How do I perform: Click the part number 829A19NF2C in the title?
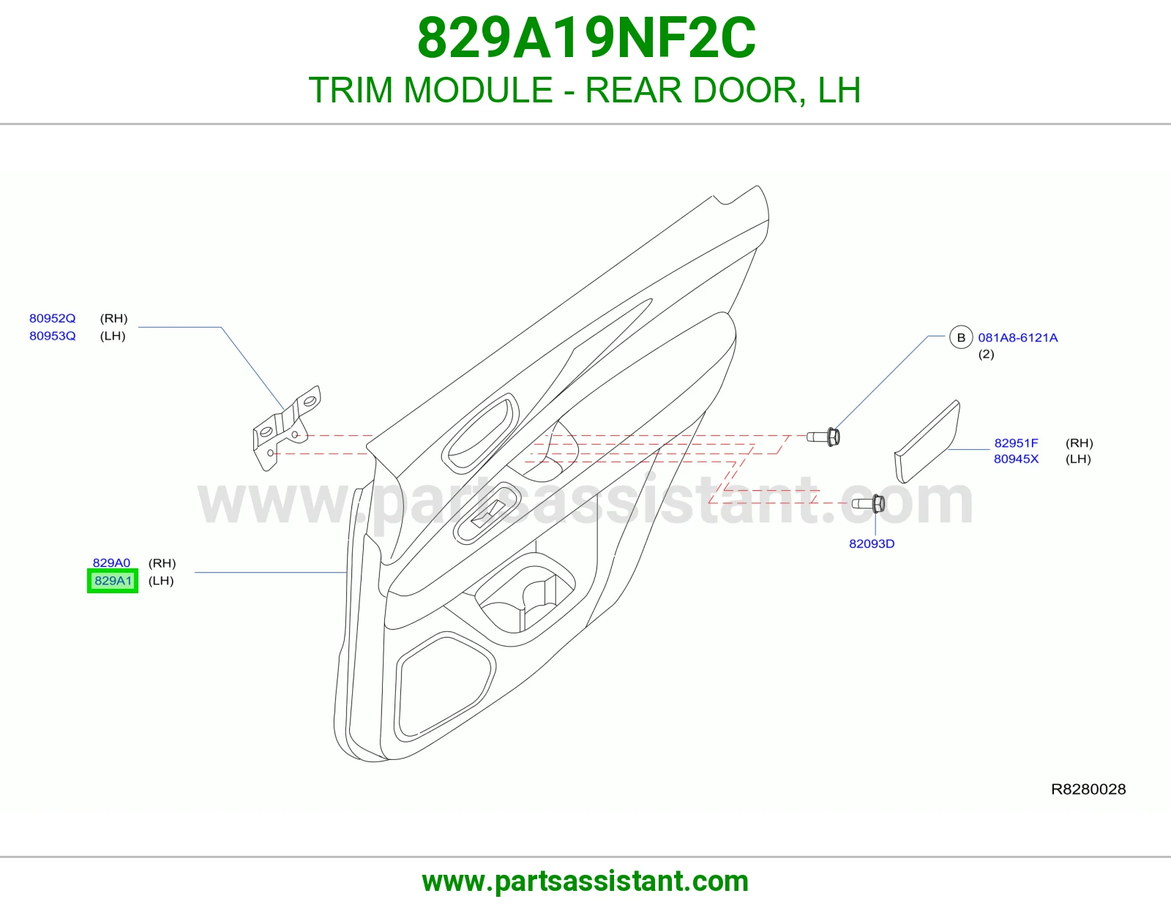(x=586, y=38)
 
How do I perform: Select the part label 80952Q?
(x=52, y=318)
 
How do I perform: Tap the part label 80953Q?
(x=52, y=336)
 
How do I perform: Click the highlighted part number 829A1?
(x=113, y=581)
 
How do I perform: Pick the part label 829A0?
(x=111, y=562)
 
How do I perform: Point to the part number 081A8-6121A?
(x=1018, y=338)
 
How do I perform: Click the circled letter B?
(x=961, y=338)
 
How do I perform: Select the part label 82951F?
(x=1016, y=443)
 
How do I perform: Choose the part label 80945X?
(x=1016, y=459)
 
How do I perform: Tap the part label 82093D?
(x=872, y=544)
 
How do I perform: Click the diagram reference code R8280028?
(x=1088, y=789)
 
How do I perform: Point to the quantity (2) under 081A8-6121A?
(x=986, y=355)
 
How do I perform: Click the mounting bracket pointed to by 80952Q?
(x=286, y=428)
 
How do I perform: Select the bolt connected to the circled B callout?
(x=823, y=437)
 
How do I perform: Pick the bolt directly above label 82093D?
(x=868, y=503)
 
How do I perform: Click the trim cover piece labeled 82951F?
(x=927, y=442)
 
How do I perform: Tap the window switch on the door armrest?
(x=487, y=514)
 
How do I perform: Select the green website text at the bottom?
(x=585, y=881)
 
